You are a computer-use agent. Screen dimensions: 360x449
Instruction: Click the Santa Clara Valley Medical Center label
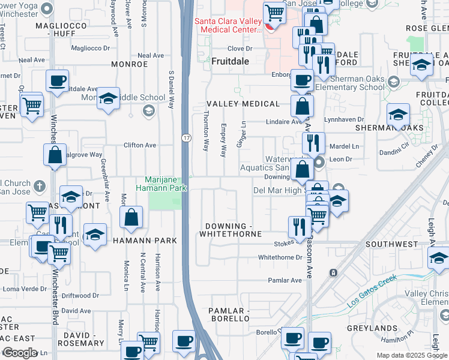(x=228, y=25)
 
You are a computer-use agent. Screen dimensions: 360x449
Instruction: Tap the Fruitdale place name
(x=230, y=61)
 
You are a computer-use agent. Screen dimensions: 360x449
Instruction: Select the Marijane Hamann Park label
(x=166, y=184)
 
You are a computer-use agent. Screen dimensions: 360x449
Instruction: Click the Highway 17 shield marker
(x=186, y=139)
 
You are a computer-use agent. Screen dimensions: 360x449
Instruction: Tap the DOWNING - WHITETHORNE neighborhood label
(x=234, y=230)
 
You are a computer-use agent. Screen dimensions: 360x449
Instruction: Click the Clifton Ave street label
(x=139, y=145)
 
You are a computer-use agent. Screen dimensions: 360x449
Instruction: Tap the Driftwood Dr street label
(x=80, y=295)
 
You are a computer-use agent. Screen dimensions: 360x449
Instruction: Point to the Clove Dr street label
(x=239, y=49)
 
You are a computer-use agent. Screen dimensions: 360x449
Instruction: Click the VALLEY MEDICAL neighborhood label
(x=243, y=104)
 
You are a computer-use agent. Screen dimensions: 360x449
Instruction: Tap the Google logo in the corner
(x=20, y=353)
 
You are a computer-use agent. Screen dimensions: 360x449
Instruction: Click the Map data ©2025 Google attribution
(x=415, y=355)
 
